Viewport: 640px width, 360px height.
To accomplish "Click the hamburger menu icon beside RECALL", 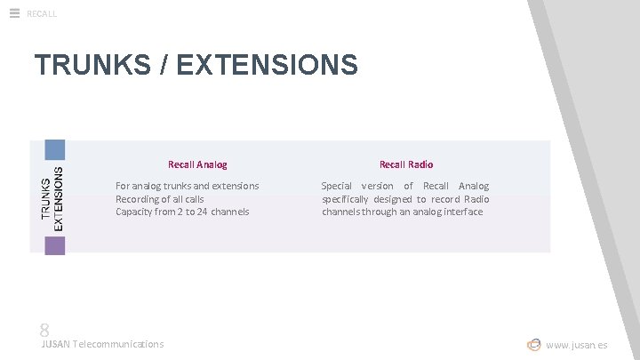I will tap(13, 12).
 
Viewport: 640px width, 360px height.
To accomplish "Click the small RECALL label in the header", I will tap(42, 13).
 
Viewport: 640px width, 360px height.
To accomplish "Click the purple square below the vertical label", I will tap(55, 244).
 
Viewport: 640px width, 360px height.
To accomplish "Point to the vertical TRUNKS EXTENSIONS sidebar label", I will tap(52, 196).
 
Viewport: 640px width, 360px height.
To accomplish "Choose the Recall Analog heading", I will tap(197, 164).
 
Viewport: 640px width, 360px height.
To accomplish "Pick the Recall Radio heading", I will tap(406, 164).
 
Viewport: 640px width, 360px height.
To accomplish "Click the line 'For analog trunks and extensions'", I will tap(188, 186).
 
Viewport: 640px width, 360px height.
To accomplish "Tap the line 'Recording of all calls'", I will tap(160, 199).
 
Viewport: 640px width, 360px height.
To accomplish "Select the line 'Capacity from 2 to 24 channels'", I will tap(182, 212).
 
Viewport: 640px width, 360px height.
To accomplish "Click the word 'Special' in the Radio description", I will tap(337, 186).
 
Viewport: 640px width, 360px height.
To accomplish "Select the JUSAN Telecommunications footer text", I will tap(102, 344).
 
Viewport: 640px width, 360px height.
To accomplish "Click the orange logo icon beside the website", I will tap(533, 344).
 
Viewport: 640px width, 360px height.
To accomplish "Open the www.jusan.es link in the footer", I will tap(577, 345).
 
